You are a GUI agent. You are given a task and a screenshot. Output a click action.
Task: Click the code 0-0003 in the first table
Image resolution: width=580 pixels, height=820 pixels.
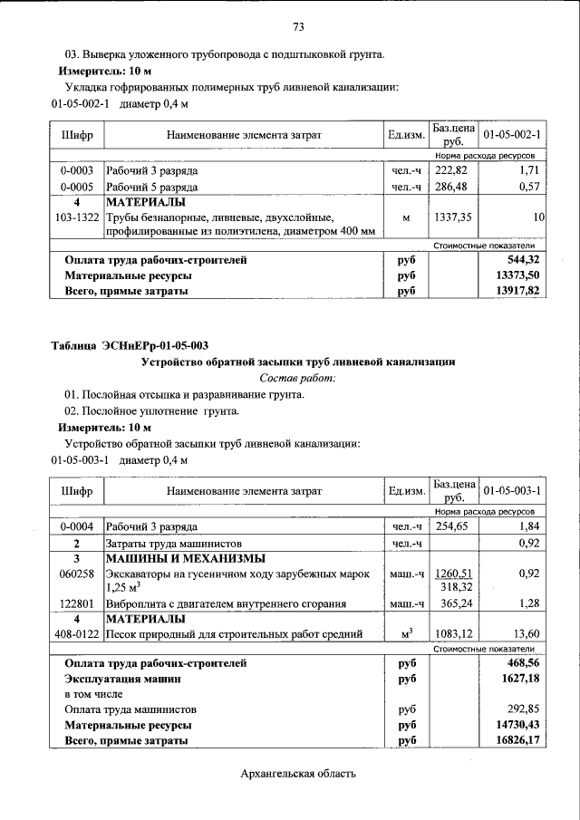click(x=76, y=170)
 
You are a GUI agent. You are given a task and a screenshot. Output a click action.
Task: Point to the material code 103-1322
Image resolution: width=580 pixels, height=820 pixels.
click(x=76, y=217)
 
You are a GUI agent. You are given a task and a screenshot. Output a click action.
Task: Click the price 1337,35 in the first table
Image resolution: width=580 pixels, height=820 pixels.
click(x=450, y=217)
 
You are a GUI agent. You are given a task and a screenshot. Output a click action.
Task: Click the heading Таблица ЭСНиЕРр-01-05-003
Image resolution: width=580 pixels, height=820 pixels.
click(x=130, y=345)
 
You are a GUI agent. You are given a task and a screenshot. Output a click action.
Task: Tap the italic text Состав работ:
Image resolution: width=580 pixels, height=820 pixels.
click(x=297, y=377)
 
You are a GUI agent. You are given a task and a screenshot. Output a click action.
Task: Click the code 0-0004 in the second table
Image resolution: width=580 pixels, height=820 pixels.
click(x=76, y=526)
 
